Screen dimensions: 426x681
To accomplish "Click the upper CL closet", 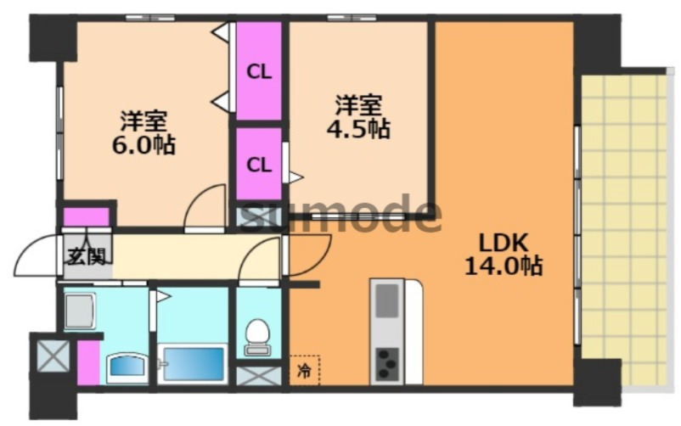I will [x=259, y=71].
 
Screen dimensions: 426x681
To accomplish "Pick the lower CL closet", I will [x=259, y=163].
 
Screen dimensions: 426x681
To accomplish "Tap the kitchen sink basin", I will [x=387, y=301].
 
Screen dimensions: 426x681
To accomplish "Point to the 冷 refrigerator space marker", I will [x=303, y=370].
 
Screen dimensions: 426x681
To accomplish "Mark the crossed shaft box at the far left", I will [x=53, y=356].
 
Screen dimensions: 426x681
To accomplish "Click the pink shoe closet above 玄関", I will [x=87, y=217].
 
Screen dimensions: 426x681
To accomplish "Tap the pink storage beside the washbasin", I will [x=88, y=361].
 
